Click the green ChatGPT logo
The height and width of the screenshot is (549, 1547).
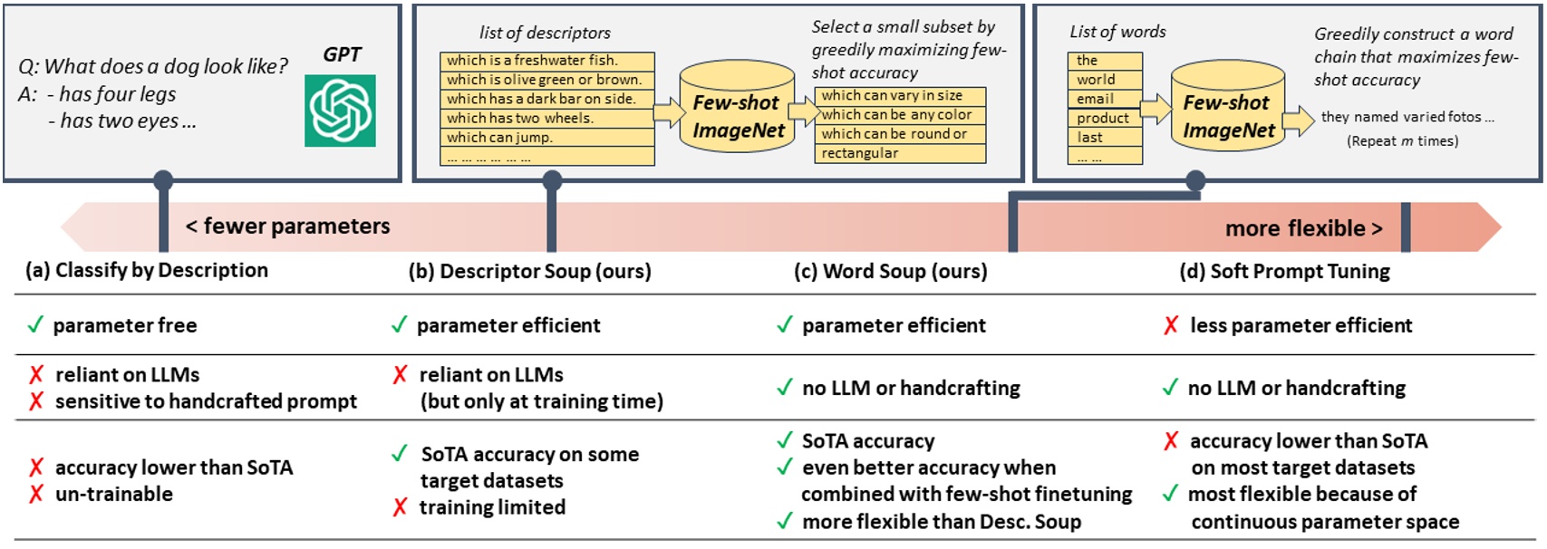pyautogui.click(x=340, y=110)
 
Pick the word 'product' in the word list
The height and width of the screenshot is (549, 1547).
pyautogui.click(x=1104, y=119)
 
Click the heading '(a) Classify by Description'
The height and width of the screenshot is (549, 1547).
pyautogui.click(x=147, y=270)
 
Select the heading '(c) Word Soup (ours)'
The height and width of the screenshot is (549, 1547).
pyautogui.click(x=890, y=271)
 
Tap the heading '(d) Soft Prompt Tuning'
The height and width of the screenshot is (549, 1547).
pyautogui.click(x=1284, y=271)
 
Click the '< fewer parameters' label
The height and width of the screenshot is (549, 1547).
pyautogui.click(x=287, y=226)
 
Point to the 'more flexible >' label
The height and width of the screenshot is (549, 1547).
pyautogui.click(x=1303, y=228)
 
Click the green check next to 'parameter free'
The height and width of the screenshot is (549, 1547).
pyautogui.click(x=35, y=324)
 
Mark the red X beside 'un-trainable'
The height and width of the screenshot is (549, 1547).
pyautogui.click(x=36, y=494)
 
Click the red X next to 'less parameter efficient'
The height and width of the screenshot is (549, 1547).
pyautogui.click(x=1171, y=324)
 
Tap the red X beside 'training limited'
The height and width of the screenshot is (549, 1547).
pyautogui.click(x=400, y=507)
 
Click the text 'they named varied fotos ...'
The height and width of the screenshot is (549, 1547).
pyautogui.click(x=1407, y=117)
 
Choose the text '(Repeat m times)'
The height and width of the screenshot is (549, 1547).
pyautogui.click(x=1402, y=141)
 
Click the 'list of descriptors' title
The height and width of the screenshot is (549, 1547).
pyautogui.click(x=545, y=33)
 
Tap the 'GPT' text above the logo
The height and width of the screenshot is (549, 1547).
pyautogui.click(x=342, y=54)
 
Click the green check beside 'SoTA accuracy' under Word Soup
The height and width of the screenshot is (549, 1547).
pyautogui.click(x=785, y=440)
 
